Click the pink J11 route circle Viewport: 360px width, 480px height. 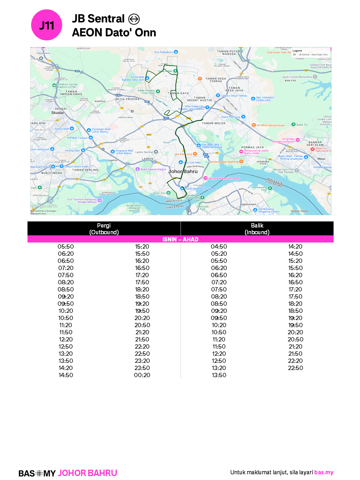coord(47,25)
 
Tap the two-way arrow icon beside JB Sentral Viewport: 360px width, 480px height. coord(134,19)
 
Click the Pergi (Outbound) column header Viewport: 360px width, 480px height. coord(104,229)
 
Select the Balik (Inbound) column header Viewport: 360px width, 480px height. coord(257,229)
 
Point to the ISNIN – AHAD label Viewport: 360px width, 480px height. coord(180,239)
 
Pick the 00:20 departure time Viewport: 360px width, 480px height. coord(142,375)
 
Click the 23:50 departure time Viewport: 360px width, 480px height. coord(142,368)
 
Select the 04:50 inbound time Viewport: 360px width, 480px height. coord(219,246)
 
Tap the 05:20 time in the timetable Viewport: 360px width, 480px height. coord(219,254)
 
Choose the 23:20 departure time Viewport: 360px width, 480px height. coord(142,361)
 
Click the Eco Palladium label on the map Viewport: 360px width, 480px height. coord(164,52)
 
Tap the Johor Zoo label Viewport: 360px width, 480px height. coord(159,193)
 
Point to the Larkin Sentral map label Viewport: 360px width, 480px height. coord(144,152)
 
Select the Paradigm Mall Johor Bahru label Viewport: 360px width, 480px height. coord(101,130)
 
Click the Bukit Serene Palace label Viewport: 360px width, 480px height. coord(153,169)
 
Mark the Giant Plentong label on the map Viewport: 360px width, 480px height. coord(231,117)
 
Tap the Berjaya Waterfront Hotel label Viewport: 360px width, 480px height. coord(224,178)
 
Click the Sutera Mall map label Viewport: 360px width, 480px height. coord(61,129)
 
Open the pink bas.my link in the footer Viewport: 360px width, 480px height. coord(324,472)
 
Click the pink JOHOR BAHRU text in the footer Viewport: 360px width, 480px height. coord(87,473)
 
